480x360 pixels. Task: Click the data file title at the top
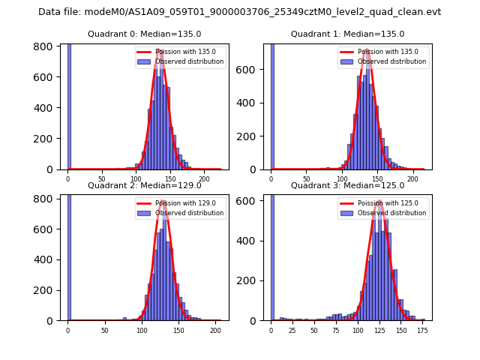pyautogui.click(x=239, y=12)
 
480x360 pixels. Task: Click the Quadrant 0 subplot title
pyautogui.click(x=144, y=34)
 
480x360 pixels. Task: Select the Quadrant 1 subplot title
pyautogui.click(x=347, y=34)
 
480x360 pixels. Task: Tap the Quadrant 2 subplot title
pyautogui.click(x=144, y=185)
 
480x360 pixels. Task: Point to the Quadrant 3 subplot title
pyautogui.click(x=347, y=185)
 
